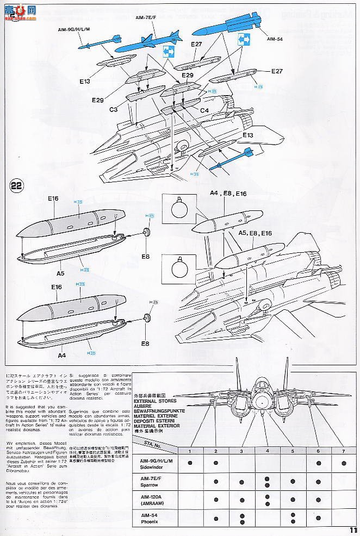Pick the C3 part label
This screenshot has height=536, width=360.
113,110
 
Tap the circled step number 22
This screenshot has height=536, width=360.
17,185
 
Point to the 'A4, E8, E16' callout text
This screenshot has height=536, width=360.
228,193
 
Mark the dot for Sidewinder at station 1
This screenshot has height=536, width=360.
190,463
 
